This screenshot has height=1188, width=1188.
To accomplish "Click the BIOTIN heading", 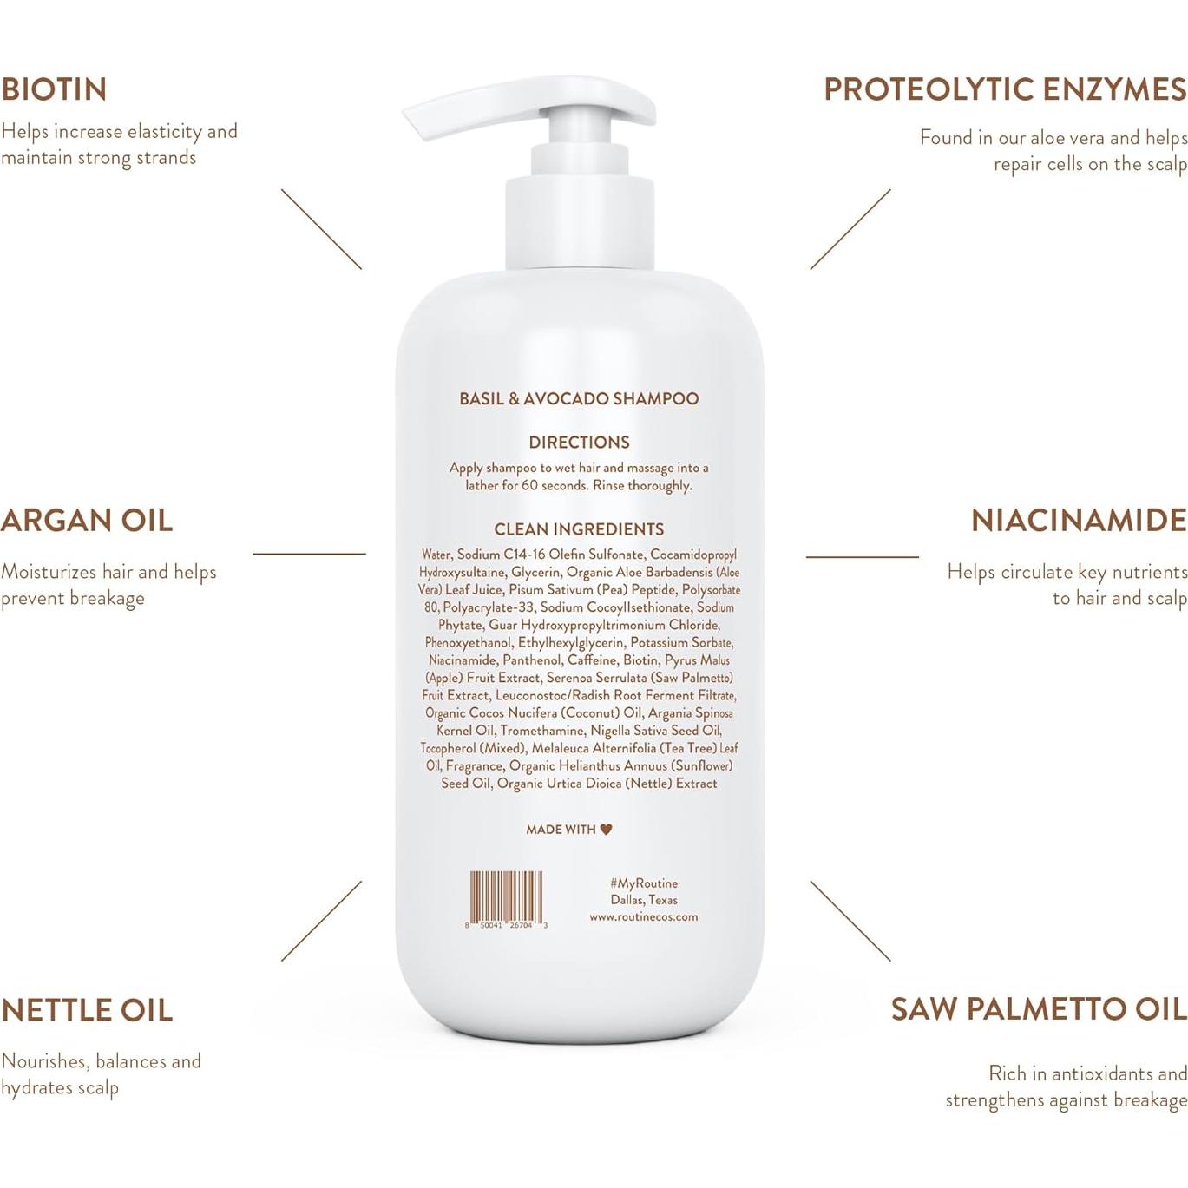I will pos(54,89).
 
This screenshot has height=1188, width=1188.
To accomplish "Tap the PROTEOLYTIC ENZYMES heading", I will pos(1005,89).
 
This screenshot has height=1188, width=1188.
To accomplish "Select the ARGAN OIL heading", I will pos(87,521).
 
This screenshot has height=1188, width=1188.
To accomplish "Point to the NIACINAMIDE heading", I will pos(1079,521).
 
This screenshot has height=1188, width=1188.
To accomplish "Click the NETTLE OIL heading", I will pos(87,1010).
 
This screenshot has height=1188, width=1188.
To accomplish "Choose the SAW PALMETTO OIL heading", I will pos(1039,1009).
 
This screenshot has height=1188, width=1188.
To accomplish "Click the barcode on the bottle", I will pos(507,896).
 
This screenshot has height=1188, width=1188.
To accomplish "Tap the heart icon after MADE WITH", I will pos(606,830).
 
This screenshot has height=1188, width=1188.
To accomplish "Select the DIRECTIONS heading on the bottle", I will pos(579,443).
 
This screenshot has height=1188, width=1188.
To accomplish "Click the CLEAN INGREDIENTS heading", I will pos(579,529).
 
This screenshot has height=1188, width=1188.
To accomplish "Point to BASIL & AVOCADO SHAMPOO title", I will pos(579,399).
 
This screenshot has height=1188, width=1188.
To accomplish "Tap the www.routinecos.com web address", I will pos(643,916).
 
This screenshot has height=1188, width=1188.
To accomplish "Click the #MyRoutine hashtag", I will pos(643,883).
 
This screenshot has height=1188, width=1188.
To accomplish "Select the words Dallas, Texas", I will pos(643,900).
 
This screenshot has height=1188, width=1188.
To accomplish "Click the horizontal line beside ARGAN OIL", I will pos(309,554).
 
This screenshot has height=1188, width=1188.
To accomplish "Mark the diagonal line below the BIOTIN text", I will pos(321,229).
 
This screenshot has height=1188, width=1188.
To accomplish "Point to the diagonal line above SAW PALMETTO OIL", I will pos(850,921).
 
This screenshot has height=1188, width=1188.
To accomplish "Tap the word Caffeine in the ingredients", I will pos(592,660).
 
